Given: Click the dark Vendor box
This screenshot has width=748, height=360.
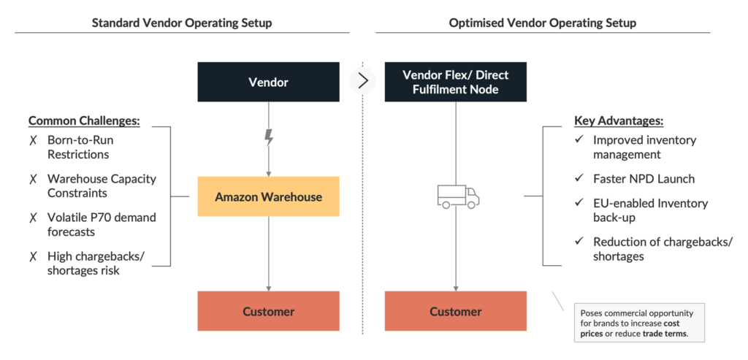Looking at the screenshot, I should click(x=268, y=82).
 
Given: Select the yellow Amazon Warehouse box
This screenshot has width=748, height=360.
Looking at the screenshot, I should click(x=268, y=196).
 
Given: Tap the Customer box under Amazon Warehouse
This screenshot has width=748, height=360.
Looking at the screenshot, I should click(x=268, y=311).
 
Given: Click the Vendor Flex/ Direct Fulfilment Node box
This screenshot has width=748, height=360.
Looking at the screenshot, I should click(x=456, y=82).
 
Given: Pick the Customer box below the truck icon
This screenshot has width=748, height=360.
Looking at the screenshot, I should click(x=456, y=311).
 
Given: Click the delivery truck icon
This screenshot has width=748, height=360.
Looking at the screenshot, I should click(x=457, y=196).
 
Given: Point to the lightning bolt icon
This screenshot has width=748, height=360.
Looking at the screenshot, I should click(x=269, y=137).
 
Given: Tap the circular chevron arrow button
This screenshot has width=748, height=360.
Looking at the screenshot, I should click(x=362, y=81).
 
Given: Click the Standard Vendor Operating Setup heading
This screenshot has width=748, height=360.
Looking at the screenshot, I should click(x=182, y=23).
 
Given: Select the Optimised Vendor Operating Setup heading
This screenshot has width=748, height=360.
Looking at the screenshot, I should click(x=543, y=23).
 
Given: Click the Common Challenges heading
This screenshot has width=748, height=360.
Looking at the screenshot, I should click(x=84, y=121).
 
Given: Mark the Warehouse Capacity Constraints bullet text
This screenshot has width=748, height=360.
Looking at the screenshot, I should click(x=102, y=185).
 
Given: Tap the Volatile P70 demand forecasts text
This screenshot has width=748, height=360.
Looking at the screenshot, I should click(x=102, y=224).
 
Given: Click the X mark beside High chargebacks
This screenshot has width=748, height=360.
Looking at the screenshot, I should click(x=33, y=256).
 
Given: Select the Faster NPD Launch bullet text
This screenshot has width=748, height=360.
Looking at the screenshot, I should click(x=644, y=178).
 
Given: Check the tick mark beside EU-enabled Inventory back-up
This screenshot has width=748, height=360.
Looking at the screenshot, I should click(x=579, y=204).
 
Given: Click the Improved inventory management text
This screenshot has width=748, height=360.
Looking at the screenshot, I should click(x=644, y=147).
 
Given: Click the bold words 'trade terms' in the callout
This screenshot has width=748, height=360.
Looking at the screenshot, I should click(x=664, y=334).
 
